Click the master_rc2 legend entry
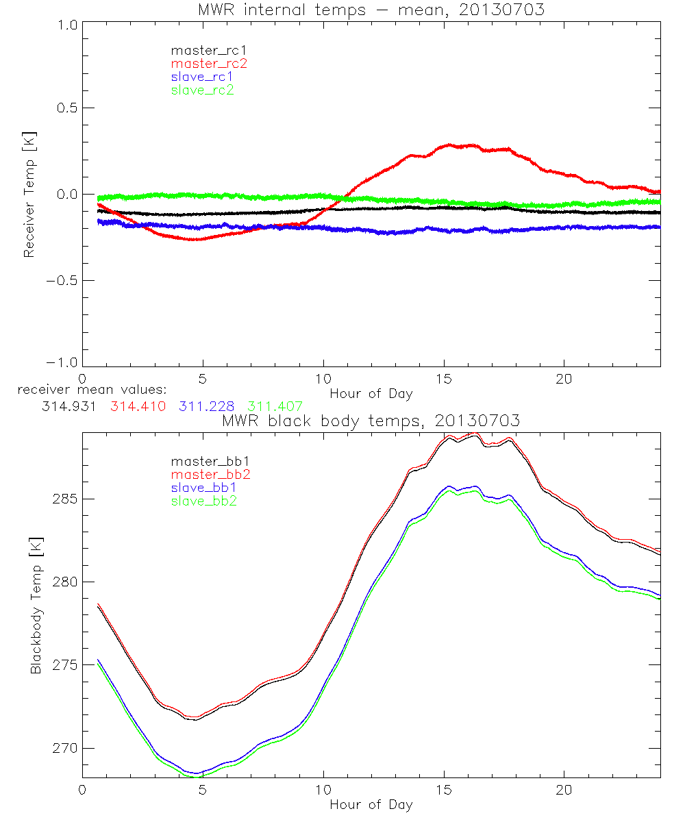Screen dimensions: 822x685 coord(209,63)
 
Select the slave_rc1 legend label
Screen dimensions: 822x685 coord(202,76)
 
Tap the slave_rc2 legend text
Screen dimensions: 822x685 coord(202,90)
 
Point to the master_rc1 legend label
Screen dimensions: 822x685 coord(209,50)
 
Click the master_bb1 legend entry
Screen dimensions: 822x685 coord(209,461)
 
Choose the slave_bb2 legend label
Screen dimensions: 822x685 coord(202,501)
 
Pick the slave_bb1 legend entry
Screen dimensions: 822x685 coord(202,488)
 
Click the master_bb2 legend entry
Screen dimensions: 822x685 coord(209,474)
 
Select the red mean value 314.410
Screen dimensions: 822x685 coord(138,406)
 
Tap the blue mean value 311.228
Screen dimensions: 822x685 coord(206,406)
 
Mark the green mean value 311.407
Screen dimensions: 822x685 coord(274,406)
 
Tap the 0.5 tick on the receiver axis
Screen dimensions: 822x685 coord(64,108)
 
